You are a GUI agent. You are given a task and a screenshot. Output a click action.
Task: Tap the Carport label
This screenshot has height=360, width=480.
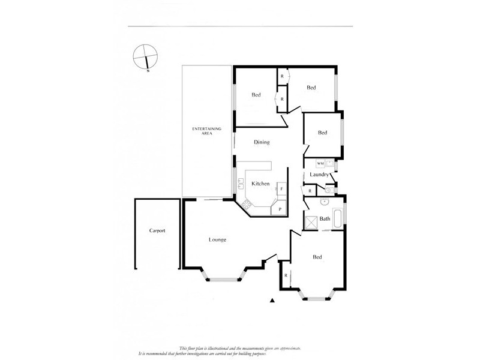pyautogui.click(x=157, y=230)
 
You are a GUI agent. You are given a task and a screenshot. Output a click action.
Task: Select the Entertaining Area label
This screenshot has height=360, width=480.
pyautogui.click(x=207, y=131)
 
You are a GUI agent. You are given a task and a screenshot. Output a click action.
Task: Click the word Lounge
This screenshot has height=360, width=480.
pyautogui.click(x=217, y=240)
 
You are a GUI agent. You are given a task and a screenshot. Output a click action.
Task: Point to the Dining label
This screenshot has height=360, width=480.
pyautogui.click(x=262, y=142)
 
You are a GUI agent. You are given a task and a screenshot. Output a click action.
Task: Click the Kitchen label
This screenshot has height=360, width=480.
pyautogui.click(x=260, y=184)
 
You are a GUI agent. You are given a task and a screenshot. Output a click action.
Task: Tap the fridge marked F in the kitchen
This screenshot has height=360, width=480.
pyautogui.click(x=281, y=189)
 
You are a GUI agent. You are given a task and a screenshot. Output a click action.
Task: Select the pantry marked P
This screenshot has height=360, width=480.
pyautogui.click(x=280, y=209)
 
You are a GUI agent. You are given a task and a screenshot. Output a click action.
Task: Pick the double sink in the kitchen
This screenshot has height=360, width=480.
pyautogui.click(x=240, y=183)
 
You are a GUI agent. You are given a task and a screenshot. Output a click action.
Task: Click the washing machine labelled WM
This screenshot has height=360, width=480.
pyautogui.click(x=320, y=163)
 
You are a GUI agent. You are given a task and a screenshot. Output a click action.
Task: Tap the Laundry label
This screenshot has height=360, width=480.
pyautogui.click(x=319, y=175)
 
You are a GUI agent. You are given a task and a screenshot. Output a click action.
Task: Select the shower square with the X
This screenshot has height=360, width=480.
pyautogui.click(x=311, y=222)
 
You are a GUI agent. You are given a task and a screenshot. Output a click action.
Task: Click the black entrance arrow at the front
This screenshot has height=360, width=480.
pyautogui.click(x=272, y=300)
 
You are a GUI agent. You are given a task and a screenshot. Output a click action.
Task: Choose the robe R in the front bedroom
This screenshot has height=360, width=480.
pyautogui.click(x=286, y=275)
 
